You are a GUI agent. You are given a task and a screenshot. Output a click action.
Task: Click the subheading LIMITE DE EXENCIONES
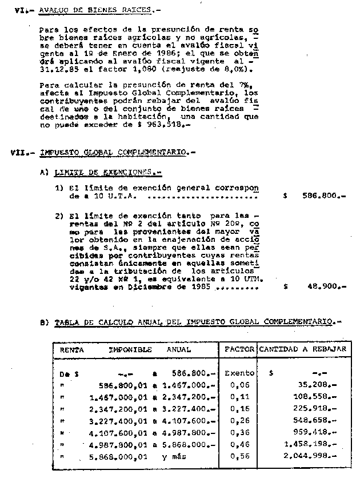(x=105, y=172)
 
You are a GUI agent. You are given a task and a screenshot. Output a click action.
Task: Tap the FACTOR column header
(x=239, y=349)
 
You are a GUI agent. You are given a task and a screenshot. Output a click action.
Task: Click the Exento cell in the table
(x=239, y=373)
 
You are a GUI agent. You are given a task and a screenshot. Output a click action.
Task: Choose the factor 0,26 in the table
(x=239, y=420)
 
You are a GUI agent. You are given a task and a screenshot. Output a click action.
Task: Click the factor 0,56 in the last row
(x=239, y=456)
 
